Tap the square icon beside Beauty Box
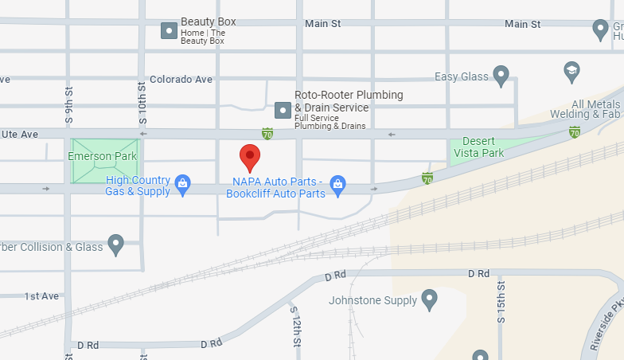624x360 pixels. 169,31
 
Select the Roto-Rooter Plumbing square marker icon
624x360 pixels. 283,109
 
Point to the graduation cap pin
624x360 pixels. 571,71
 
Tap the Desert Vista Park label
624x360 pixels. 483,147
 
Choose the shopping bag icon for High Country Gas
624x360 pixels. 182,185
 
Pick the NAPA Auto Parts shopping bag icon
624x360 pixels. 337,185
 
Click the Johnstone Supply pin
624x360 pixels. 430,300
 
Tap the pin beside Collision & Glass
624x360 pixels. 116,245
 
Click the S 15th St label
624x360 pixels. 501,301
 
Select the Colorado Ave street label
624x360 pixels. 181,80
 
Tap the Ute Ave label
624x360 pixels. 19,135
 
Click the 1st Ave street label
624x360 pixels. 41,295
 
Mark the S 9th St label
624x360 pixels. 69,99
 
